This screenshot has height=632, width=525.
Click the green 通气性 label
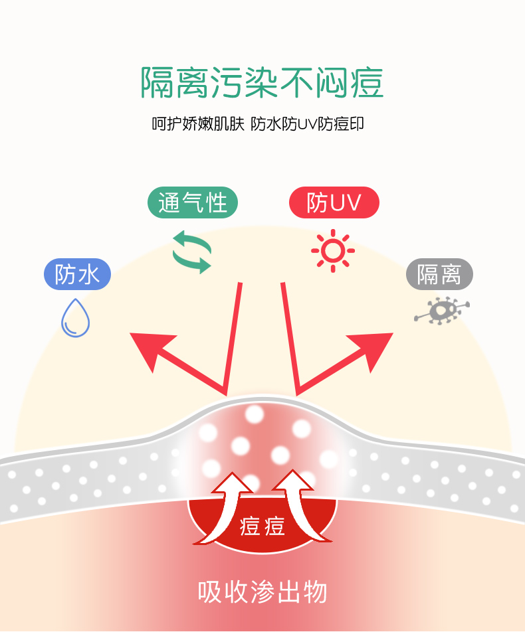tap(192, 202)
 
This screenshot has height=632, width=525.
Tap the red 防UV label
tap(334, 202)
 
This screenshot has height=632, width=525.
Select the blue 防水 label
tap(77, 274)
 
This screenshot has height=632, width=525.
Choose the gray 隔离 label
tap(439, 274)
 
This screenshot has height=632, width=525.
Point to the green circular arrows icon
tap(192, 252)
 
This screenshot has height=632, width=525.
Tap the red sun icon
tap(332, 251)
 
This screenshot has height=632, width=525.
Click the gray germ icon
tap(441, 311)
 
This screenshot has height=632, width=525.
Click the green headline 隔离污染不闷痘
tap(262, 83)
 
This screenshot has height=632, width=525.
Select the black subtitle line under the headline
tap(258, 123)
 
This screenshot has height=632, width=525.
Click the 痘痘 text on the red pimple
tap(262, 526)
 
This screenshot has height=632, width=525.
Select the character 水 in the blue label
tap(90, 274)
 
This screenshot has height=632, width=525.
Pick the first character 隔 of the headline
tap(157, 83)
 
